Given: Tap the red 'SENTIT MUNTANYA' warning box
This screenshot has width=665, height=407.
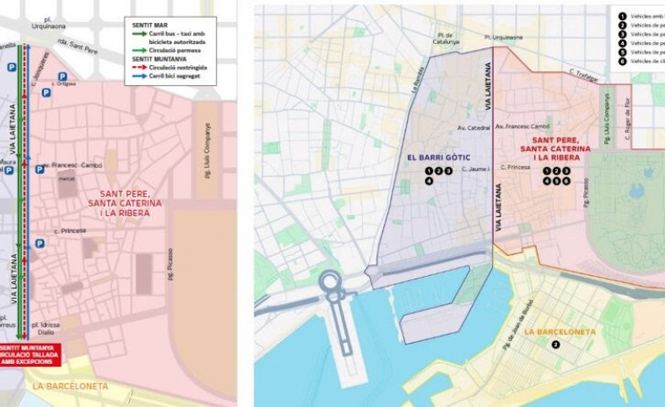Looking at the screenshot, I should click(32, 354).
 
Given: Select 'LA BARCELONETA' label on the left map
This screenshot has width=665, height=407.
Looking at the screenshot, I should click(69, 386).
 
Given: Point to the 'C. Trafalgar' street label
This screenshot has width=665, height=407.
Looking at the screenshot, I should click(583, 73).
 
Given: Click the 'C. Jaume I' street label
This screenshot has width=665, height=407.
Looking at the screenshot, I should click(474, 169).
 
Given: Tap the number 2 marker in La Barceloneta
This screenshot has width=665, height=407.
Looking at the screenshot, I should click(555, 345).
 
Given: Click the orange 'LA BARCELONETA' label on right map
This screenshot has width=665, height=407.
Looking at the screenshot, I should click(555, 331).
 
